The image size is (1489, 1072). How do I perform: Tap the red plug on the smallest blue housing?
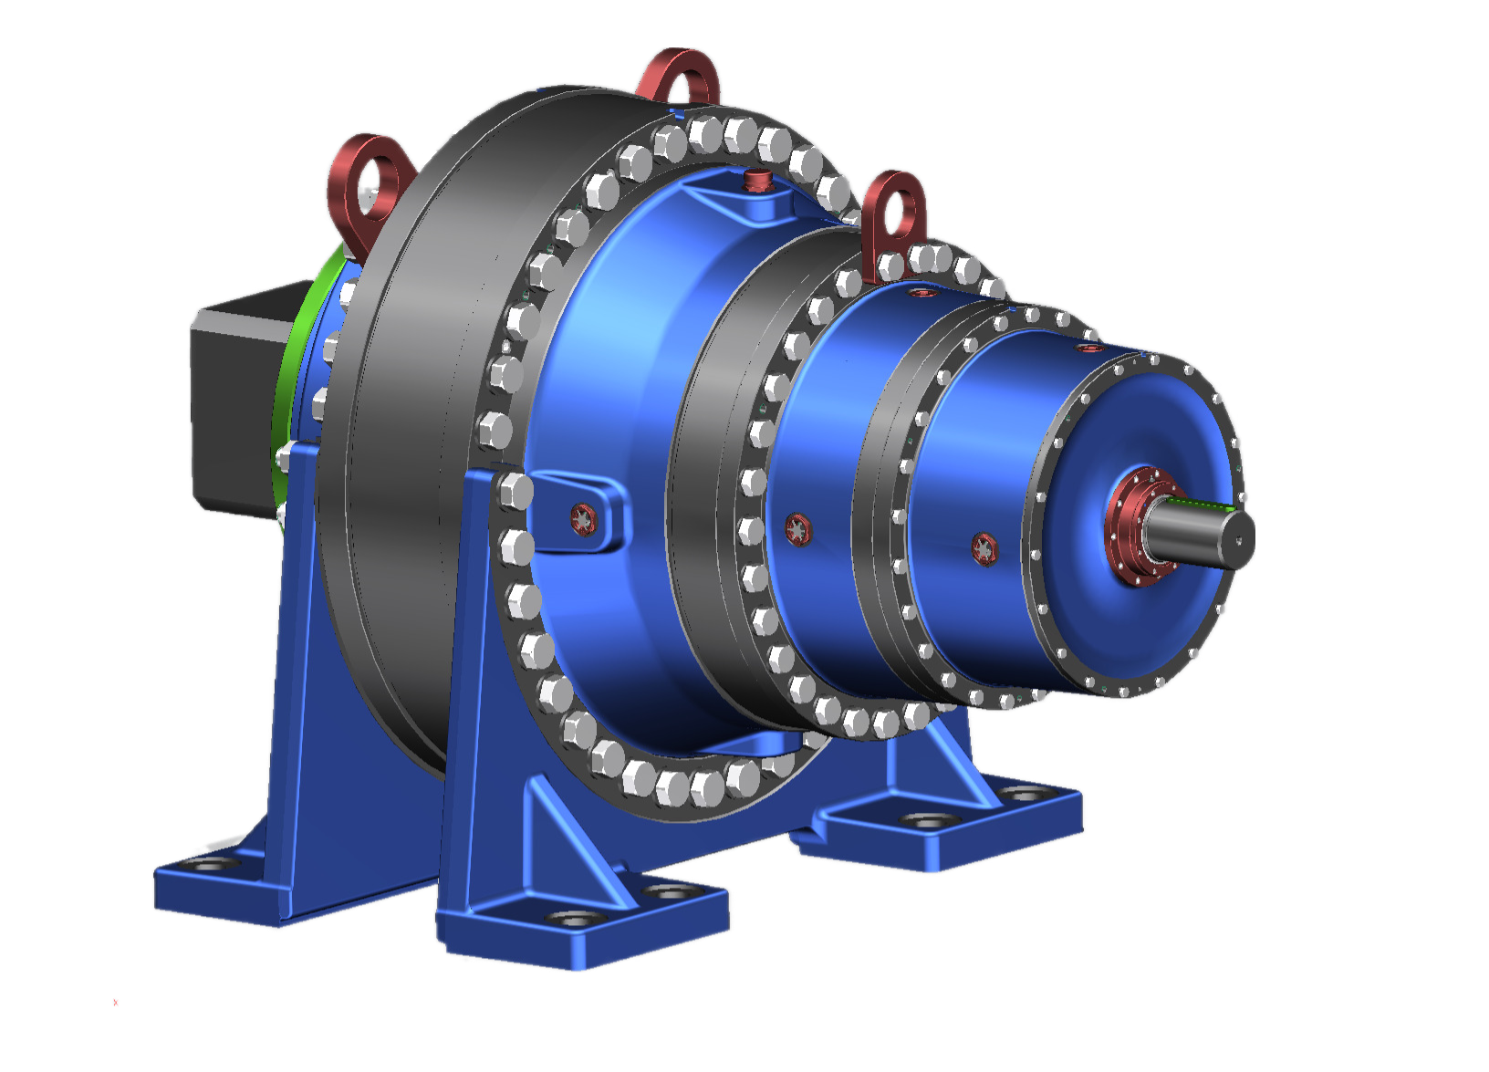coord(984,548)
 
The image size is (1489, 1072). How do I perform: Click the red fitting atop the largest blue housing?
coord(755,179)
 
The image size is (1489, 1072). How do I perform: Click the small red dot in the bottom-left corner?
coord(116,1002)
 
